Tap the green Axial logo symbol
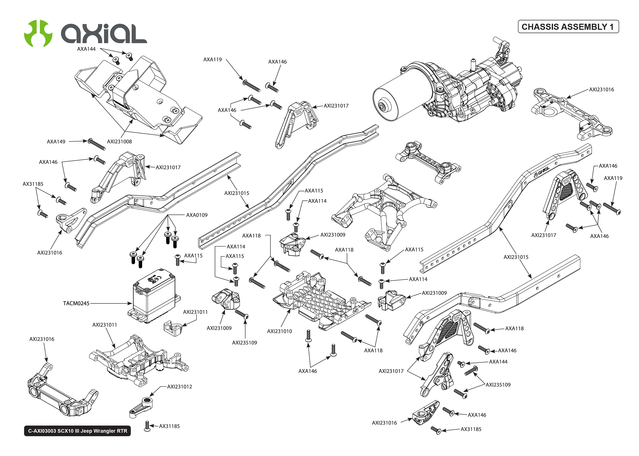point(38,33)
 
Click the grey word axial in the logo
point(104,34)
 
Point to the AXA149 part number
point(56,142)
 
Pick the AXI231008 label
point(119,142)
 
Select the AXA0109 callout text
point(197,215)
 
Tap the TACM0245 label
point(76,303)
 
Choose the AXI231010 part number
point(279,331)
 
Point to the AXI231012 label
point(179,387)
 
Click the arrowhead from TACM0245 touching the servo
point(130,303)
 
